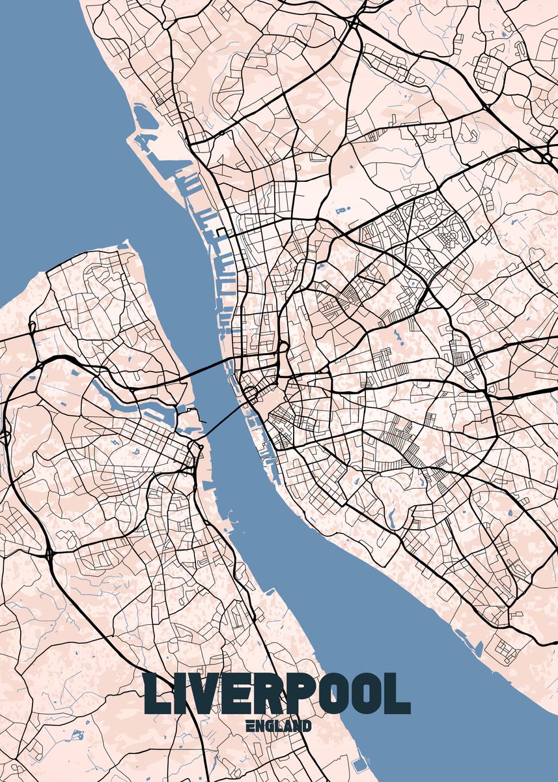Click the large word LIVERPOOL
pyautogui.click(x=277, y=694)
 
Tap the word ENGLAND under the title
pyautogui.click(x=279, y=726)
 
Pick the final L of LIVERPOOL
pyautogui.click(x=398, y=694)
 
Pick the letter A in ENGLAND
pyautogui.click(x=287, y=726)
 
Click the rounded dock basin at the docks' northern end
pyautogui.click(x=141, y=117)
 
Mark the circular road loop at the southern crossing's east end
pyautogui.click(x=250, y=392)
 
